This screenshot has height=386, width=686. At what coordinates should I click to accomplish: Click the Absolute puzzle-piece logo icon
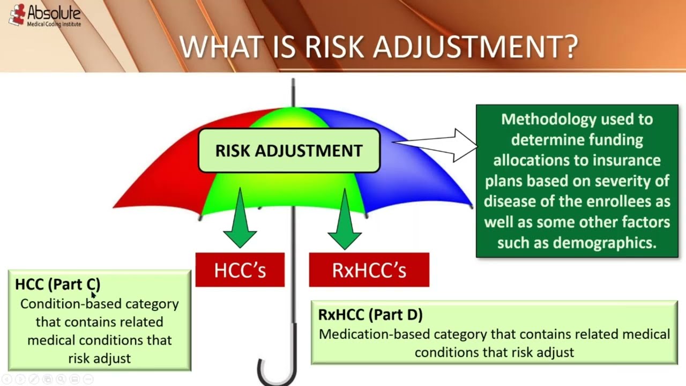[x=17, y=14]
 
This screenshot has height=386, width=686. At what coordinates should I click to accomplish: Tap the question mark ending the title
[x=570, y=47]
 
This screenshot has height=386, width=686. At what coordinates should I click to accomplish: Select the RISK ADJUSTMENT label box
[x=289, y=151]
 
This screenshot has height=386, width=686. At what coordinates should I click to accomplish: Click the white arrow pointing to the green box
[x=435, y=145]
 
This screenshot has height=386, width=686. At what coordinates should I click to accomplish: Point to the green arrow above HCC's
[x=240, y=218]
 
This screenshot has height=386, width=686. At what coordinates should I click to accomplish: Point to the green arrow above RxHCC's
[x=345, y=219]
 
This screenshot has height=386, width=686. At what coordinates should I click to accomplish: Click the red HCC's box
[x=240, y=270]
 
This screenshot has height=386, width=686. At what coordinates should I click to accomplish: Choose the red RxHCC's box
[x=369, y=270]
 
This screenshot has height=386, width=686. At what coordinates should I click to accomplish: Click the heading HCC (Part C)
[x=57, y=284]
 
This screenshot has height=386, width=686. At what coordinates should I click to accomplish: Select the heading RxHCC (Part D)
[x=370, y=314]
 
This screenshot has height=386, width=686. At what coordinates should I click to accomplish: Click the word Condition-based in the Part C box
[x=71, y=304]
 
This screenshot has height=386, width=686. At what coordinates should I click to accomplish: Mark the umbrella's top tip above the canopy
[x=293, y=80]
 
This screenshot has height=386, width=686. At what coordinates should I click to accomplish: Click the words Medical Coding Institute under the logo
[x=54, y=24]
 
